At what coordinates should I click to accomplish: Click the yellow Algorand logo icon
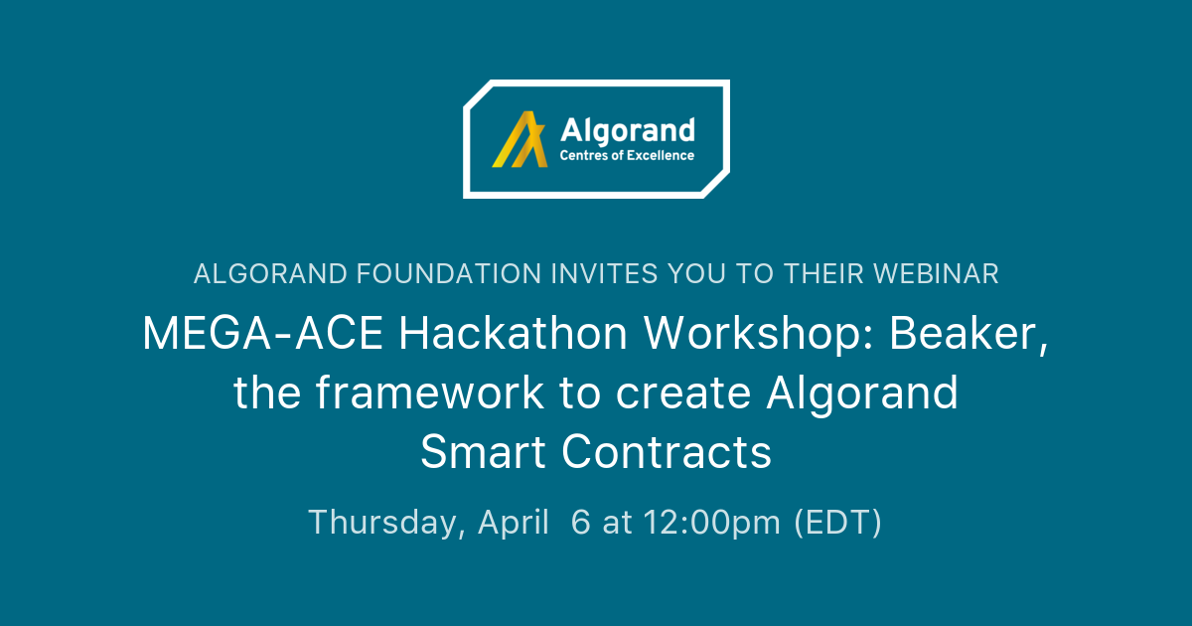[521, 139]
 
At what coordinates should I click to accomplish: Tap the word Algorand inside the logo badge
[628, 131]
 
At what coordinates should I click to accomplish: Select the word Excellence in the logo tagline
[661, 155]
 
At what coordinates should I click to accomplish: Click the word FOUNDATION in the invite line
[449, 274]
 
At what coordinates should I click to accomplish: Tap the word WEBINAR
[936, 274]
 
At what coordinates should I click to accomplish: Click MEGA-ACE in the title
[262, 333]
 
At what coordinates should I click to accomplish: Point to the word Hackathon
[514, 333]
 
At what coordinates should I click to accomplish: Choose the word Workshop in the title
[758, 333]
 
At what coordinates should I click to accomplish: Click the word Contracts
[667, 451]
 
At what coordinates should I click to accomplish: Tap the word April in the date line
[513, 523]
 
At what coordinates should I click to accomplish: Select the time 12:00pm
[711, 523]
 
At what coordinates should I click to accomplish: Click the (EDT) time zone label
[837, 523]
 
